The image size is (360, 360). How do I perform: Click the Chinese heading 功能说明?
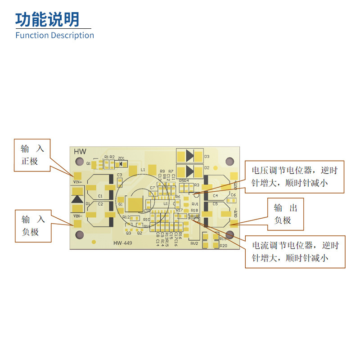click(x=47, y=19)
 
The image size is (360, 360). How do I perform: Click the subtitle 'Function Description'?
click(x=54, y=35)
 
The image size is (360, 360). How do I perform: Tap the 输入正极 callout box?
click(x=31, y=155)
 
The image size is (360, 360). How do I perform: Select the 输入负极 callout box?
click(x=32, y=226)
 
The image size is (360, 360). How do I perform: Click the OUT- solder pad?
click(x=234, y=222)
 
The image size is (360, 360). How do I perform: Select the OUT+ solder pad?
click(x=234, y=175)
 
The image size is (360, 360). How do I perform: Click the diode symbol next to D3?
click(x=189, y=156)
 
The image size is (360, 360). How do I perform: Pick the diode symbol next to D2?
click(x=189, y=171)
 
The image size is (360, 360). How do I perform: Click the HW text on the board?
click(x=80, y=152)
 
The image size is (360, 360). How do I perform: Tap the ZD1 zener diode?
click(x=122, y=163)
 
